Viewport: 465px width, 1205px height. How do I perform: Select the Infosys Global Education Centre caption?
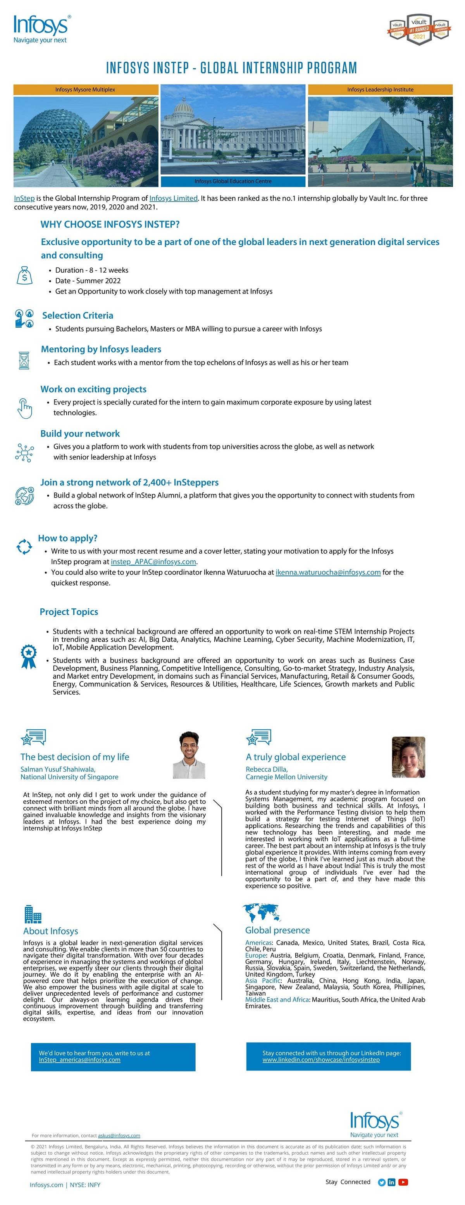(x=233, y=181)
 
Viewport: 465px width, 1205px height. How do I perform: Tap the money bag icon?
(x=24, y=276)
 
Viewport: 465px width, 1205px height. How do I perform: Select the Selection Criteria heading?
(x=77, y=315)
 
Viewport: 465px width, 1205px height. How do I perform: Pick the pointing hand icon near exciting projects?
(x=24, y=408)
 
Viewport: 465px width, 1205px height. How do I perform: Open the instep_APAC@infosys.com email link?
(x=153, y=561)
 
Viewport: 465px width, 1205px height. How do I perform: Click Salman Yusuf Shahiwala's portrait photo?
(x=189, y=754)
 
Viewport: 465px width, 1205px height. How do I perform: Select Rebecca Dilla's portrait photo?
(x=408, y=757)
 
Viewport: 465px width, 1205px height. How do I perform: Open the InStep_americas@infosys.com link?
(x=79, y=1060)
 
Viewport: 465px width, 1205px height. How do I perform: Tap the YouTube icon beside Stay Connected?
(x=403, y=1182)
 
